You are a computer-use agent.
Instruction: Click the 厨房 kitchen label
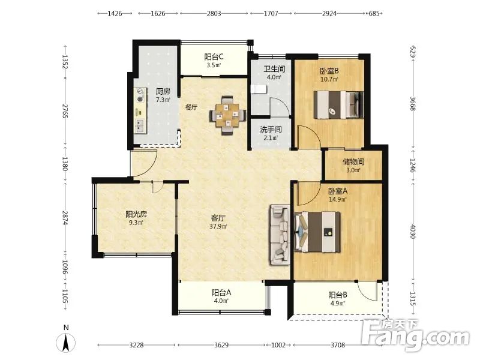[163, 91]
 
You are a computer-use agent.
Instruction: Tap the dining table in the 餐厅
[227, 115]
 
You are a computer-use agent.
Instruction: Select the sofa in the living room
[280, 235]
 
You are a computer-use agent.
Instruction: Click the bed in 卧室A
[317, 232]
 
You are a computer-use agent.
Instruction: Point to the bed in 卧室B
[338, 104]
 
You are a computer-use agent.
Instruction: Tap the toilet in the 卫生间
[259, 89]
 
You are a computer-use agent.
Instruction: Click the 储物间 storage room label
[353, 161]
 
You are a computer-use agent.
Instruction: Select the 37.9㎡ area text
[218, 227]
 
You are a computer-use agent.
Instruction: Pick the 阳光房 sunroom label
[136, 214]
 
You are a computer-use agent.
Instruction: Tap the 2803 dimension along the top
[214, 13]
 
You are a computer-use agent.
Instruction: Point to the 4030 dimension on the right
[413, 232]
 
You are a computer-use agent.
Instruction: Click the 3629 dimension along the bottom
[221, 345]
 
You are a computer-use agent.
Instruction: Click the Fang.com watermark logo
[415, 335]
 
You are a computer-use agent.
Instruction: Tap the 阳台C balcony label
[214, 56]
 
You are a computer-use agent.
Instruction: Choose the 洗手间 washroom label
[271, 130]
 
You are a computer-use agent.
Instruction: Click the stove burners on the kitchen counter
[140, 95]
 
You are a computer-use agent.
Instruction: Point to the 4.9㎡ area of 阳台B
[338, 304]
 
